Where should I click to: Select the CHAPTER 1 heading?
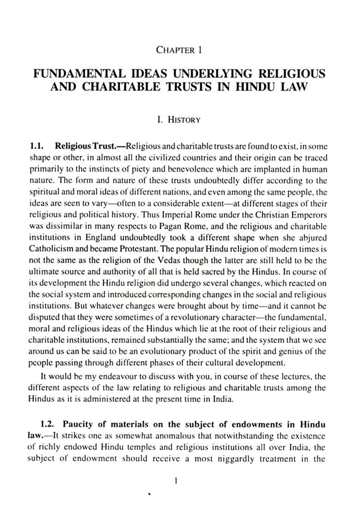point(180,49)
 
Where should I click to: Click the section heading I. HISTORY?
point(179,120)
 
